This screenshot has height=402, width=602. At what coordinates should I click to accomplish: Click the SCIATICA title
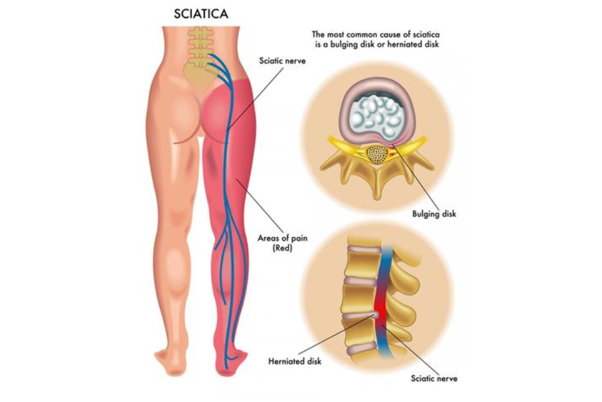tap(201, 14)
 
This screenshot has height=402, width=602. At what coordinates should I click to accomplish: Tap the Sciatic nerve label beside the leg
tap(282, 61)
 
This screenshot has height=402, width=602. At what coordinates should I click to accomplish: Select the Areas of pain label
tap(282, 238)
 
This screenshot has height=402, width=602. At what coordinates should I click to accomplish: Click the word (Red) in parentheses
tap(283, 248)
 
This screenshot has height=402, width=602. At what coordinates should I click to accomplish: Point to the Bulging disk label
tap(434, 214)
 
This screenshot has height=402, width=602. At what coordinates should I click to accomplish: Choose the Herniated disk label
tap(295, 361)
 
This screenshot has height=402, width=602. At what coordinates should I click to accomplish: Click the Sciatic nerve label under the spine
tap(434, 378)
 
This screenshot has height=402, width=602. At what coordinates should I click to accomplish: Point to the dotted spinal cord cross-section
tap(376, 155)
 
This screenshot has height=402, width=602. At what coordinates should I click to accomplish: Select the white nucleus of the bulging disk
tap(376, 117)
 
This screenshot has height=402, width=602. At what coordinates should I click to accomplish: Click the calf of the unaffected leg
tap(176, 266)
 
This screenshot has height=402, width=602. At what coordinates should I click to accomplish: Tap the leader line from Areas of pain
tap(260, 205)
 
